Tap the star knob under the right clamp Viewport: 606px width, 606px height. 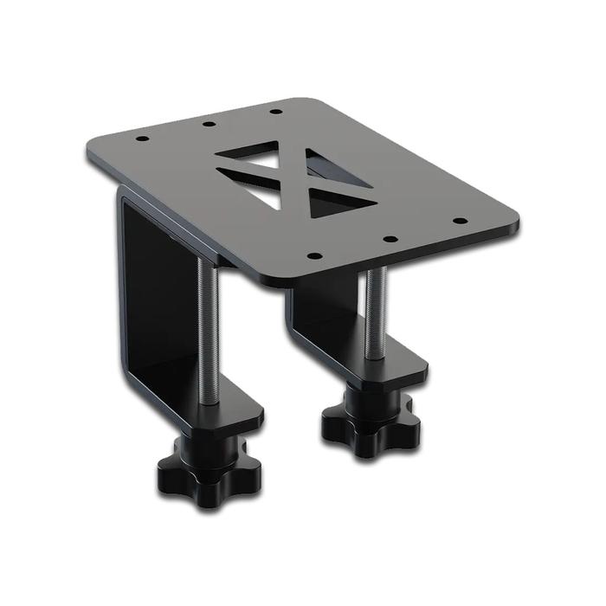point(370,420)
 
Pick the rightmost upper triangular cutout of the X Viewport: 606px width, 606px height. point(332,168)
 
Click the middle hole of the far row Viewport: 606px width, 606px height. point(209,124)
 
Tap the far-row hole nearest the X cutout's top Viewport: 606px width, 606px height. point(275,111)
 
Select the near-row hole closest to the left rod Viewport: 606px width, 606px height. point(314,256)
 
